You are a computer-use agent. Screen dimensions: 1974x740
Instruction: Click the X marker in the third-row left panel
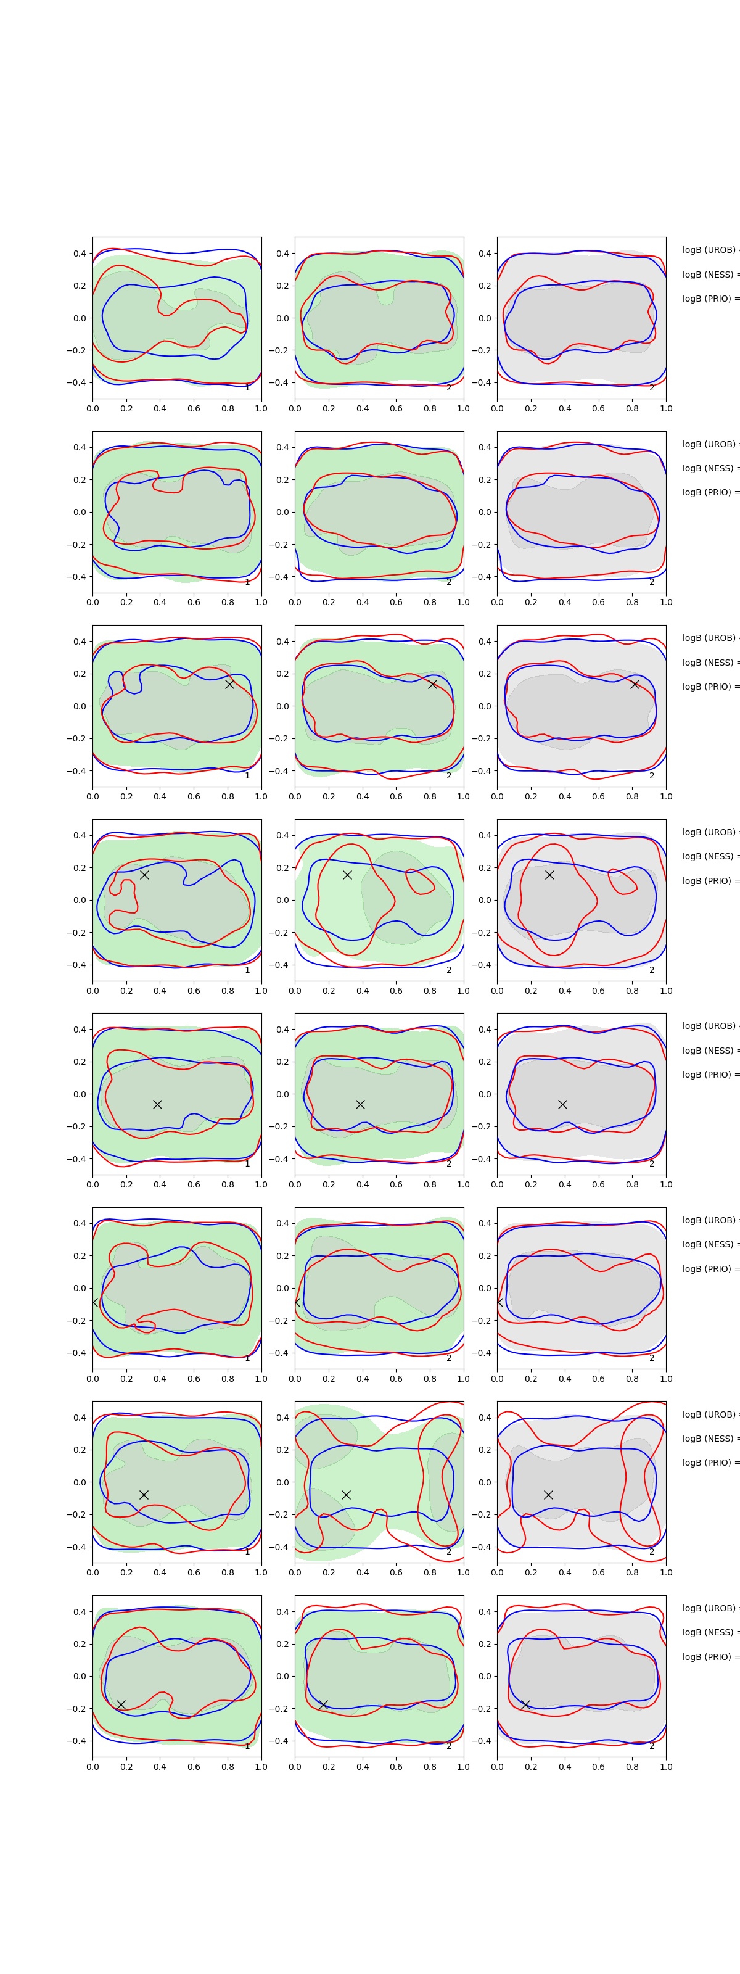click(x=229, y=684)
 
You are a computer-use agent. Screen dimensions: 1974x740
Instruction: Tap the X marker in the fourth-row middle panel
click(x=347, y=874)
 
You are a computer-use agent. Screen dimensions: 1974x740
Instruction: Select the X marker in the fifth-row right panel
click(x=562, y=1104)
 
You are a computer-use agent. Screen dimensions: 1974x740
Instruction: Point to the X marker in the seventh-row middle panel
click(x=346, y=1494)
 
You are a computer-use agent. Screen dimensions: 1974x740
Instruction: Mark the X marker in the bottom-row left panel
click(x=121, y=1704)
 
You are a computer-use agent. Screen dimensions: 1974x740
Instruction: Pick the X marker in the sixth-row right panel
click(x=499, y=1301)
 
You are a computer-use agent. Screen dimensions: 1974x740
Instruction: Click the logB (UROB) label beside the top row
click(x=709, y=250)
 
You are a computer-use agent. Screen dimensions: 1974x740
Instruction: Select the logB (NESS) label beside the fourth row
click(x=709, y=856)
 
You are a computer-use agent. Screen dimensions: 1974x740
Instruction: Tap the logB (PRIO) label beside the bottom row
click(x=709, y=1657)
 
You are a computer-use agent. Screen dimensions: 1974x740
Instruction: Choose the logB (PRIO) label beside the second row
click(x=709, y=492)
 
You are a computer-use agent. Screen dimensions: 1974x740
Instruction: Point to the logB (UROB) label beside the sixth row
click(x=709, y=1220)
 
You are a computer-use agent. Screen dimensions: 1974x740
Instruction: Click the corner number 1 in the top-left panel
click(x=247, y=388)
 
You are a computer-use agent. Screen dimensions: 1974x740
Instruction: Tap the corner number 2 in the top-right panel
click(x=652, y=388)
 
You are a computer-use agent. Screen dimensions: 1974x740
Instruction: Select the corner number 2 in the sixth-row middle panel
click(x=449, y=1358)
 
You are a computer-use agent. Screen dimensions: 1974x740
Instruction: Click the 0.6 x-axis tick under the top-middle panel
click(x=396, y=408)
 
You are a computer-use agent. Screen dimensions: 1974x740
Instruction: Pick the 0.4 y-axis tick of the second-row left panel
click(x=80, y=447)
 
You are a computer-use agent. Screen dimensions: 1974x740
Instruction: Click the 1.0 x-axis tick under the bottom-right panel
click(x=666, y=1766)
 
